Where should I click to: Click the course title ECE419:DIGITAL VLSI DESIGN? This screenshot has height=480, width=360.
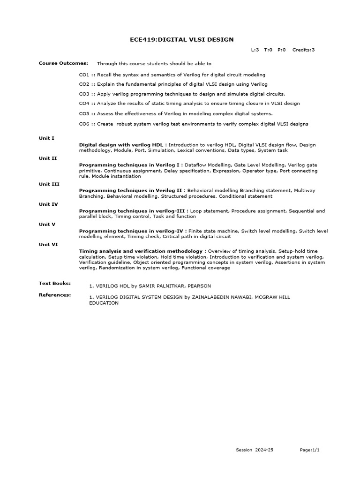tap(181, 40)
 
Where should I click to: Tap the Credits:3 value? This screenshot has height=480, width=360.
tap(303, 50)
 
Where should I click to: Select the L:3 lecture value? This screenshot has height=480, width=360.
tap(255, 50)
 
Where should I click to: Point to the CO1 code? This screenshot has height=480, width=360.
tap(84, 75)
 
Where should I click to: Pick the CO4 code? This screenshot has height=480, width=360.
tap(84, 103)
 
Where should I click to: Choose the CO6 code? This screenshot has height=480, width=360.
tap(84, 124)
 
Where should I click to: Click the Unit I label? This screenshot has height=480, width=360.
tap(46, 138)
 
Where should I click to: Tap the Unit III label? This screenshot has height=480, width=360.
tap(49, 184)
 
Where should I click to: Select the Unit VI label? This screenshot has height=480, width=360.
tap(48, 244)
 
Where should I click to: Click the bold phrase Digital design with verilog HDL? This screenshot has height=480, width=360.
tap(121, 145)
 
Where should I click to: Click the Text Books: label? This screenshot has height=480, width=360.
tap(55, 283)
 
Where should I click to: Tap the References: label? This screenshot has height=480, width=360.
tap(55, 295)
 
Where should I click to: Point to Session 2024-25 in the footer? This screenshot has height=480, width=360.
tap(255, 450)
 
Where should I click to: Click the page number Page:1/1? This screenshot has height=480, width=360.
tap(310, 450)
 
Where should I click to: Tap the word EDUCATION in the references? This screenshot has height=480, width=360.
tap(104, 303)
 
